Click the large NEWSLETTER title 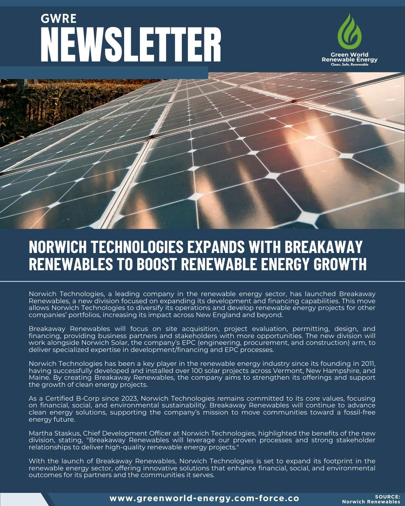point(130,44)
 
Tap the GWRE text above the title point(58,18)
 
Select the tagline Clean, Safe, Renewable point(349,64)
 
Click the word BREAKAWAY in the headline point(323,247)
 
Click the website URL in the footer point(204,499)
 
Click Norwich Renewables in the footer point(371,502)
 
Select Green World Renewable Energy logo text point(349,57)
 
